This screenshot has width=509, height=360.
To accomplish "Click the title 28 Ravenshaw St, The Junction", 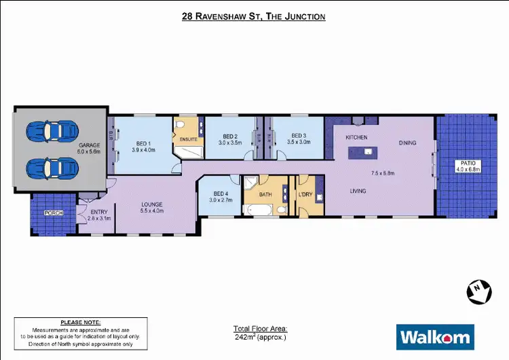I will pyautogui.click(x=254, y=15).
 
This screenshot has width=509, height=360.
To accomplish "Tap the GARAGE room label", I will pyautogui.click(x=89, y=145).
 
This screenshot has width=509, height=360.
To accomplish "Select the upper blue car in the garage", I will pyautogui.click(x=52, y=132).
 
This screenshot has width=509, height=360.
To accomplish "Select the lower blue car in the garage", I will pyautogui.click(x=52, y=166).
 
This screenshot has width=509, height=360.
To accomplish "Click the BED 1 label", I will pyautogui.click(x=143, y=143).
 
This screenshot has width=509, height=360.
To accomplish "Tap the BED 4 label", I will pyautogui.click(x=221, y=194).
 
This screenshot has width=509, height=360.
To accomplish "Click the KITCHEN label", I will pyautogui.click(x=356, y=137).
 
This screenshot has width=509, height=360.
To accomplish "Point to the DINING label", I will pyautogui.click(x=407, y=143).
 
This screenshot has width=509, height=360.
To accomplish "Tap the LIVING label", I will pyautogui.click(x=358, y=191).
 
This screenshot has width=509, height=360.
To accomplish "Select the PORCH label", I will pyautogui.click(x=54, y=213).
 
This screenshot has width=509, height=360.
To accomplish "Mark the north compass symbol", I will pyautogui.click(x=478, y=291).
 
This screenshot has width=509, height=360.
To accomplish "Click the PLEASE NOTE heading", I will pyautogui.click(x=81, y=321).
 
